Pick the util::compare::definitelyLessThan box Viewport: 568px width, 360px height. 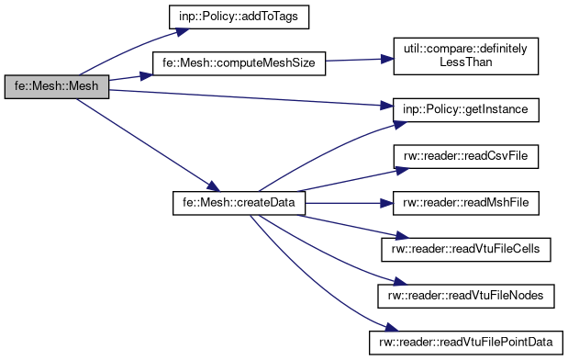click(x=464, y=57)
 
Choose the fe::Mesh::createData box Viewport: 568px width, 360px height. click(x=239, y=201)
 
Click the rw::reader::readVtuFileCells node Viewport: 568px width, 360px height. click(x=464, y=247)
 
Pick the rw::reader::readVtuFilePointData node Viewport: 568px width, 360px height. click(x=464, y=341)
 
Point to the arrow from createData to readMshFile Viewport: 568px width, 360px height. click(x=349, y=201)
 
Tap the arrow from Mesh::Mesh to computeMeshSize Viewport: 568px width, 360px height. click(x=128, y=79)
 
